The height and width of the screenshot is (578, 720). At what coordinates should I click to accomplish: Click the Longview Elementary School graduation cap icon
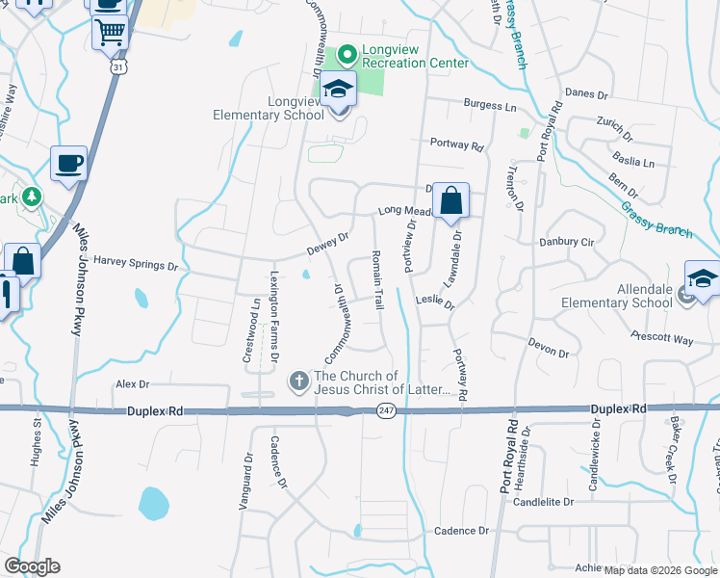338,90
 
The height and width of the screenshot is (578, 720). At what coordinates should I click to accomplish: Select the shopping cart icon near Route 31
110,32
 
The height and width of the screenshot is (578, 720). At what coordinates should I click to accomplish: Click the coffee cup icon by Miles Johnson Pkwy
68,164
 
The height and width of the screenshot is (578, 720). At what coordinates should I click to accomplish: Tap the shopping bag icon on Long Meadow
450,201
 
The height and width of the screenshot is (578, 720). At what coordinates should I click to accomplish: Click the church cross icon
299,382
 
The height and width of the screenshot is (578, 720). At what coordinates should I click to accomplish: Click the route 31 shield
118,67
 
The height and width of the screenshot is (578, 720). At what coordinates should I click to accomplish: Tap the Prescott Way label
661,338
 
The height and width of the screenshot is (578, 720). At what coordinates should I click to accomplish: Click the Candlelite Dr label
543,501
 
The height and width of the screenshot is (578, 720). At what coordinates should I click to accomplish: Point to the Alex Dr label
133,383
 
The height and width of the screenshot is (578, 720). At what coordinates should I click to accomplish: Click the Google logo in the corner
32,566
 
